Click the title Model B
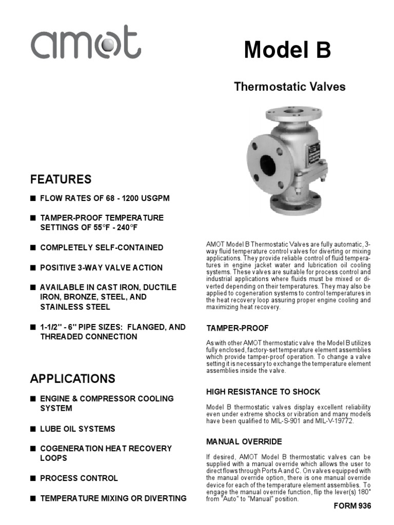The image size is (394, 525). [287, 50]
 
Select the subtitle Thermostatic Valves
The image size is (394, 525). [289, 87]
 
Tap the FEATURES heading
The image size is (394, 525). [61, 179]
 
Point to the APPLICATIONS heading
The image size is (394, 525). [72, 379]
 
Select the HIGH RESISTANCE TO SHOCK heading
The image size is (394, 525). [263, 392]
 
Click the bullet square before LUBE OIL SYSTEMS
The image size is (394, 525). [33, 429]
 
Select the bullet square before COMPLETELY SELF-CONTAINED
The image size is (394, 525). [33, 248]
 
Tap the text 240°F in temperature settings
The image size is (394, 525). [120, 228]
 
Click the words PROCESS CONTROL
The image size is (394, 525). [79, 478]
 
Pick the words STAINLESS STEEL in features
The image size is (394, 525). [75, 307]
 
